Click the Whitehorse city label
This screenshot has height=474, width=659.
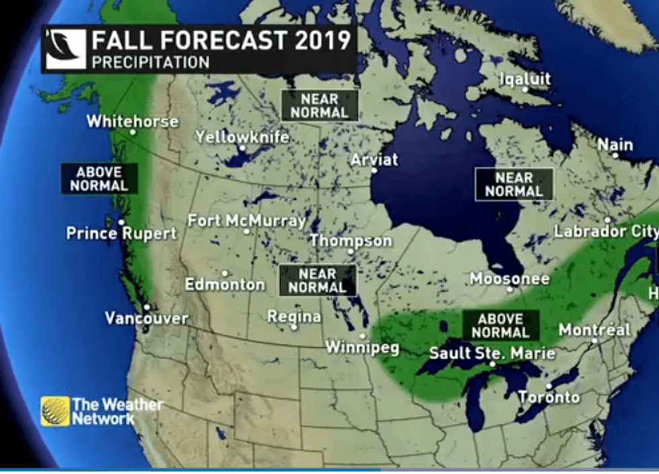132,122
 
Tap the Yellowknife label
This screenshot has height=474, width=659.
242,137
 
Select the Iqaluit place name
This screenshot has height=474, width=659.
525,79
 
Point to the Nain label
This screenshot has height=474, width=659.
615,145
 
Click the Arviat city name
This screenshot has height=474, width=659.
375,160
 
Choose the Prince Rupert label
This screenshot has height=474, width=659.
121,233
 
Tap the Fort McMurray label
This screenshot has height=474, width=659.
246,221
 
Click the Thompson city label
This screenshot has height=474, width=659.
350,241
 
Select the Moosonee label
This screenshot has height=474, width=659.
509,278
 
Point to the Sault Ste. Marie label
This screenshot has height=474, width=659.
492,353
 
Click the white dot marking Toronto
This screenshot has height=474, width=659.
549,386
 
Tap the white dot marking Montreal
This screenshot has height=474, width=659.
594,341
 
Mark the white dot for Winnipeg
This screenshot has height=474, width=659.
362,335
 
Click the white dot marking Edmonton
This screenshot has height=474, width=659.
225,273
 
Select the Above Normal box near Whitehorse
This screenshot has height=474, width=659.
99,178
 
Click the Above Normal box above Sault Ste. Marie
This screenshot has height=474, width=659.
501,325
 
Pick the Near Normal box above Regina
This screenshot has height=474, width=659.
317,280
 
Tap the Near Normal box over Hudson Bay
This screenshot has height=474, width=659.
514,184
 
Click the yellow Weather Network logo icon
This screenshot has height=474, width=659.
54,411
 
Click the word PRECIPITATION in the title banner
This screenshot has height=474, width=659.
151,63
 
